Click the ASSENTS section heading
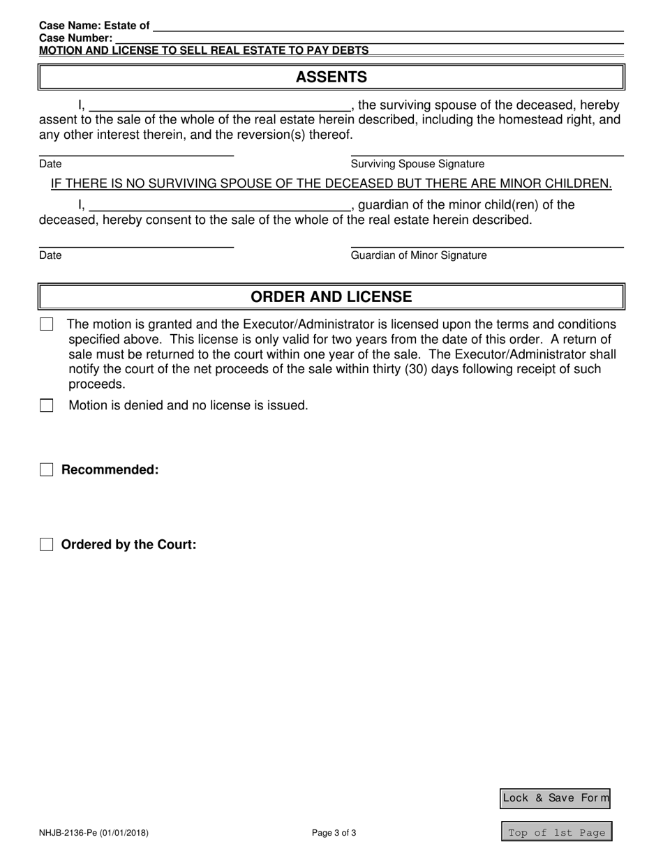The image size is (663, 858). (331, 77)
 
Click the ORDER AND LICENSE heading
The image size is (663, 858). (331, 296)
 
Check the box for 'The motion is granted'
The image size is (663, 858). (47, 324)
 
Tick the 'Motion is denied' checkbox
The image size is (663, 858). (47, 405)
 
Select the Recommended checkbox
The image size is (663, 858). (47, 469)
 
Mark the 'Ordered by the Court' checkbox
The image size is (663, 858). (47, 545)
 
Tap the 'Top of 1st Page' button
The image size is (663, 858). (556, 832)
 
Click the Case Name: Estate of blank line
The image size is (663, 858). (387, 26)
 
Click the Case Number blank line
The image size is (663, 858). (368, 38)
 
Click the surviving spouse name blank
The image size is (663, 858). (219, 106)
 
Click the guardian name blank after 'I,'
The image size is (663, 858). (219, 206)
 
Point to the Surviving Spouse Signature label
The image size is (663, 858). (417, 164)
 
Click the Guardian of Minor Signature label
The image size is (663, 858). (419, 255)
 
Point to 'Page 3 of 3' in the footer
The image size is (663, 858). (334, 832)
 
